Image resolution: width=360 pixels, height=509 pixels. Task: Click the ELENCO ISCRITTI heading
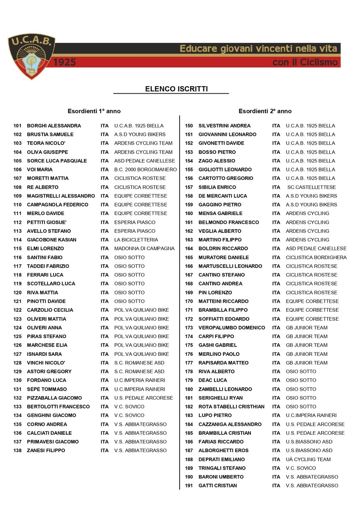coord(171,89)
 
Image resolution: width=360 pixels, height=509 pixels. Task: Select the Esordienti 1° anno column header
coord(94,111)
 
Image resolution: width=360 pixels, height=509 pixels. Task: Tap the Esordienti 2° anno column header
coord(265,111)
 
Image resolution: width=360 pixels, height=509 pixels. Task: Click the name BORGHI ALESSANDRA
coord(53,126)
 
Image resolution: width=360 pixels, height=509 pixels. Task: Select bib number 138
coord(17,450)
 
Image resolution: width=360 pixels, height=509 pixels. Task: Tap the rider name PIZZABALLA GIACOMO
coord(54,398)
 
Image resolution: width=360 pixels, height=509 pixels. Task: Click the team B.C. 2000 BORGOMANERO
coord(145,170)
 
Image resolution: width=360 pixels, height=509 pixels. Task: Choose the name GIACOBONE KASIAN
coord(51,240)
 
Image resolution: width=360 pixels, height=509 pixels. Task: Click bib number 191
coord(189,486)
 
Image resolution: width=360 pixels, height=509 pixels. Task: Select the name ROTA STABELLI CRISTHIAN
coord(231,407)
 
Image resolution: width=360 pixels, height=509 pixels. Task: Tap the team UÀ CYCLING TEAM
coord(308,459)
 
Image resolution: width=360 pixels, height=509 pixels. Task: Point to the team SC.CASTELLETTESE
coord(311,187)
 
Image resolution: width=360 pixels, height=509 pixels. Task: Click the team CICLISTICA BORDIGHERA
coord(316,257)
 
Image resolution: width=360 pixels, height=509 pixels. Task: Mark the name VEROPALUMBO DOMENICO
coord(231,327)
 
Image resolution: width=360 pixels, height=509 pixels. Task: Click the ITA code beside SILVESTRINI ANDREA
coord(276,126)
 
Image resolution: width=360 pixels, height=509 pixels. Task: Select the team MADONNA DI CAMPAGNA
coord(144,249)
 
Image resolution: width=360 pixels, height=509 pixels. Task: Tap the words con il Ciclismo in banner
coord(306,63)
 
